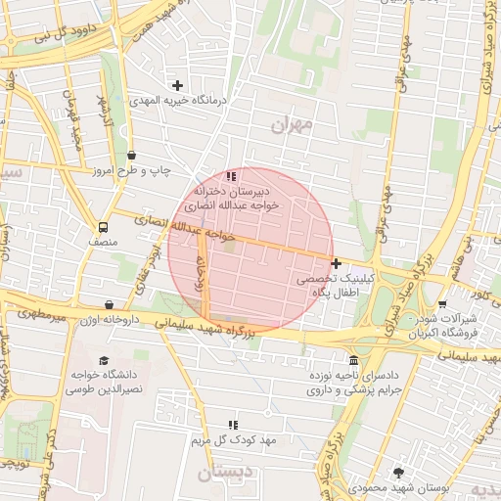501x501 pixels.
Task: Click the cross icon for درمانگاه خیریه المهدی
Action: click(177, 85)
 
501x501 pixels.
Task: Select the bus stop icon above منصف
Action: click(105, 227)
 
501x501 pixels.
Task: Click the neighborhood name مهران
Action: click(291, 124)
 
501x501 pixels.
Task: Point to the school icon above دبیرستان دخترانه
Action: click(232, 176)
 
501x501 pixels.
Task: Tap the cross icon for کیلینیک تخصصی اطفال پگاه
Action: click(337, 263)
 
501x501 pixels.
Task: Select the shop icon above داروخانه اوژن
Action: click(108, 305)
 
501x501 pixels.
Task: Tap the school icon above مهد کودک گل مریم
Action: click(232, 425)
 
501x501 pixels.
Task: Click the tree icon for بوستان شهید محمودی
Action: click(397, 473)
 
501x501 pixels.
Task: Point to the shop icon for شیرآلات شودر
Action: click(442, 303)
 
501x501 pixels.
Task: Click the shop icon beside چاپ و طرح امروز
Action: click(132, 155)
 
